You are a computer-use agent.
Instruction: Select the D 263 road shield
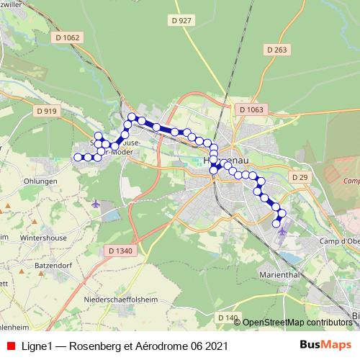point(276,50)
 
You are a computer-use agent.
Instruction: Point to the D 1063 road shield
point(251,109)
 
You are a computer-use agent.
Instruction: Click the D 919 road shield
point(45,111)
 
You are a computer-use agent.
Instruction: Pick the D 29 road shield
point(300,177)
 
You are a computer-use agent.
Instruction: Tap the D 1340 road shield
point(122,251)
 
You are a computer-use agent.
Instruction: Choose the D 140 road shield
point(228,318)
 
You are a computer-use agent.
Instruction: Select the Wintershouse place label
point(43,236)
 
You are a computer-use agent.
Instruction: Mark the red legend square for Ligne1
point(11,346)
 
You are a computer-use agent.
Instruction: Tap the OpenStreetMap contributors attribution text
point(297,323)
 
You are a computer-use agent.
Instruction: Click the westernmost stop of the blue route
point(78,157)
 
